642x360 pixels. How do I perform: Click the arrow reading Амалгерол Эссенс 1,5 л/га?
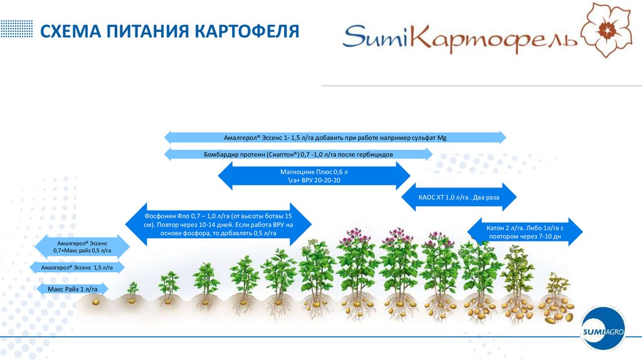point(77,268)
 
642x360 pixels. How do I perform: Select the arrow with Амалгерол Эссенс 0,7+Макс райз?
point(83,246)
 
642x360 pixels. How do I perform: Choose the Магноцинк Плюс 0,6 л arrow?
point(313,176)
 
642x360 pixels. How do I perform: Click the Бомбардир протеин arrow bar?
point(298,154)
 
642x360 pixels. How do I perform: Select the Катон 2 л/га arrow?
point(525,232)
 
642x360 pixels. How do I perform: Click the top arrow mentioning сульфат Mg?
point(335,137)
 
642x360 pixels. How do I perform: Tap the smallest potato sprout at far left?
point(133,289)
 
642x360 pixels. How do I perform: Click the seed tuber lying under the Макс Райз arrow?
point(95,302)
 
